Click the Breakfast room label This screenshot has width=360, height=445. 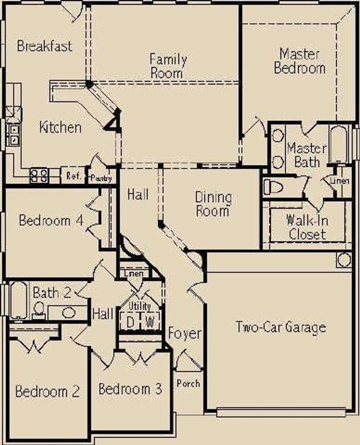(x=45, y=46)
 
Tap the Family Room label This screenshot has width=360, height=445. (x=168, y=66)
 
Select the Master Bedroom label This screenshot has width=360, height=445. (x=300, y=61)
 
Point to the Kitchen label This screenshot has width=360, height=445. (x=60, y=127)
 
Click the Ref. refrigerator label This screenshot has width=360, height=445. (x=73, y=176)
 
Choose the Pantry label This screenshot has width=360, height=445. (x=101, y=178)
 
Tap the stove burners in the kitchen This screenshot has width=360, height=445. (x=39, y=176)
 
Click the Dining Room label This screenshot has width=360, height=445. (x=213, y=204)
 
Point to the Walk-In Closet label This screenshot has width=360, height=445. (x=307, y=228)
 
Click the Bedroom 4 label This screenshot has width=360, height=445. (x=51, y=220)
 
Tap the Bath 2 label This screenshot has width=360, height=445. (x=52, y=292)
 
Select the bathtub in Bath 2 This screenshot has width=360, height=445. (x=19, y=301)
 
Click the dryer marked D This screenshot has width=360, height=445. (x=130, y=322)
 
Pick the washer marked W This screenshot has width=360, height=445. (x=150, y=322)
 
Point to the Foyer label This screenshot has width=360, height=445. (x=185, y=334)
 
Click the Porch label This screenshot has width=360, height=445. (x=188, y=383)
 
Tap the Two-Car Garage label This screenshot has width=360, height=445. (x=281, y=327)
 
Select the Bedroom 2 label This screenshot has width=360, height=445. (x=47, y=391)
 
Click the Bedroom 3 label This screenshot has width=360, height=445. (x=130, y=389)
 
